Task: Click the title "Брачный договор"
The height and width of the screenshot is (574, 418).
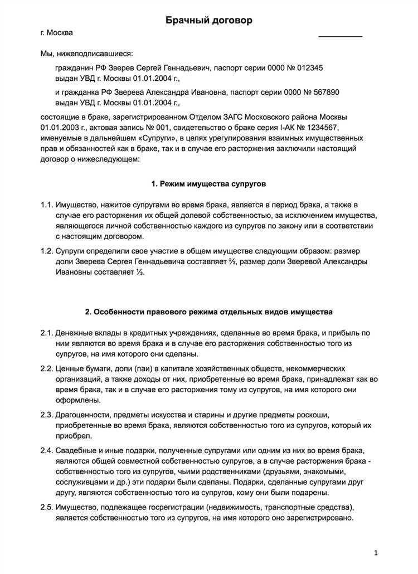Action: (x=209, y=21)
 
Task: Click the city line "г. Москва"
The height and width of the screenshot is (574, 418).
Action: (x=56, y=33)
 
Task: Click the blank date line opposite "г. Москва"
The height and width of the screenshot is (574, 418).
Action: (x=340, y=36)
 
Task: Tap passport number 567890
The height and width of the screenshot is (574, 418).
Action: (x=322, y=92)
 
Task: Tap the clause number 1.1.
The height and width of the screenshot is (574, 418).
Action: (x=47, y=206)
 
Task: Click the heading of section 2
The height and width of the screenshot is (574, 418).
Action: (x=209, y=310)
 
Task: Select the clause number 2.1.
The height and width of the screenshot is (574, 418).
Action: (x=47, y=333)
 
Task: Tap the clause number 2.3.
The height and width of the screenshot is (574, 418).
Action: (x=47, y=415)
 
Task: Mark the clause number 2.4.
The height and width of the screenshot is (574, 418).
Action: (x=47, y=451)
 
